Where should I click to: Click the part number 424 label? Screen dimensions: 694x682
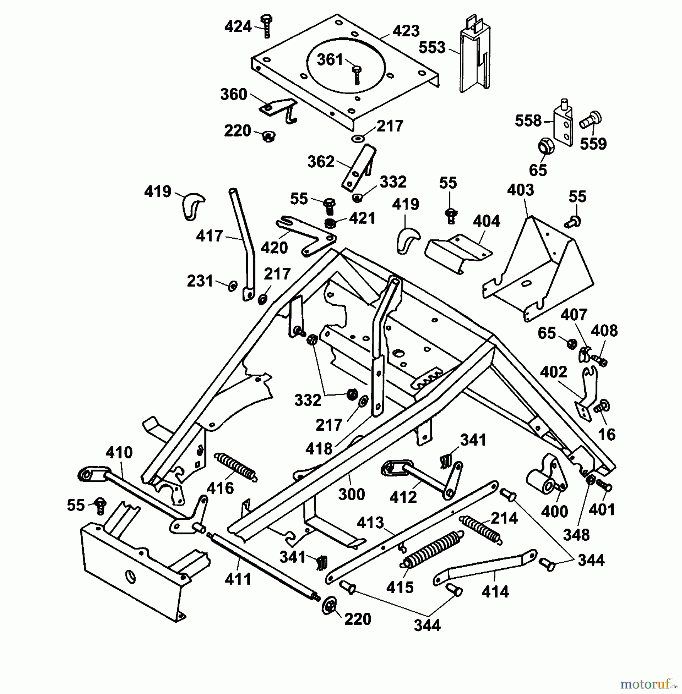[238, 27]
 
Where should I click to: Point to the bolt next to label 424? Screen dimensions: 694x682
[266, 26]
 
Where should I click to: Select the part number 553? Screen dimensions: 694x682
[432, 47]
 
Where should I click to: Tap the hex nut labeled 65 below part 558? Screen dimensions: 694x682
[546, 147]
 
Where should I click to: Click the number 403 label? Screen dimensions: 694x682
[520, 190]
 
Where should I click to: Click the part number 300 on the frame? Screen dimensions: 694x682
[351, 494]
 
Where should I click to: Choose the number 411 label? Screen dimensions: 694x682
[238, 579]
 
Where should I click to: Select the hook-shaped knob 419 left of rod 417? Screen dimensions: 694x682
[192, 206]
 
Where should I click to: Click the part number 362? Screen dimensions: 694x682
[320, 162]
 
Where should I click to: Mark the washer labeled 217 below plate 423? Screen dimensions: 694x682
[359, 138]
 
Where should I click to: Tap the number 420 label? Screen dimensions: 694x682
[274, 248]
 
